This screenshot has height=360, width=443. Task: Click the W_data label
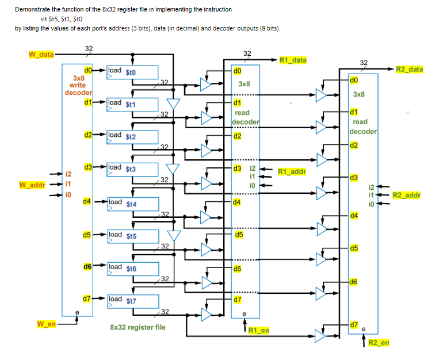tap(40, 55)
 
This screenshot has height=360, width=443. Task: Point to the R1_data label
tap(293, 60)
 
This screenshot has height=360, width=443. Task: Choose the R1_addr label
tap(292, 171)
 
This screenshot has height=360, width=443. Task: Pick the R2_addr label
tap(406, 195)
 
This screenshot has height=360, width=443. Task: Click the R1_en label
tap(259, 330)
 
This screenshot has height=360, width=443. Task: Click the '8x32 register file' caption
tap(138, 327)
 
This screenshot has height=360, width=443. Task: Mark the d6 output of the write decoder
tap(87, 267)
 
